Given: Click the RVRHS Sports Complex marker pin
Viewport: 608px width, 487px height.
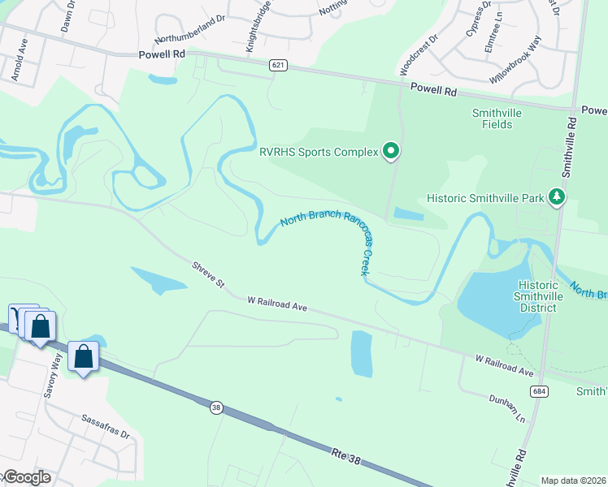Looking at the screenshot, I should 391,150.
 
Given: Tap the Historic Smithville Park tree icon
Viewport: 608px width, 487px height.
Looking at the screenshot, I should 557,197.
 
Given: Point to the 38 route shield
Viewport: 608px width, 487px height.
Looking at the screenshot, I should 215,408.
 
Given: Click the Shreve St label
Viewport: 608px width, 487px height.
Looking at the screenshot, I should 208,274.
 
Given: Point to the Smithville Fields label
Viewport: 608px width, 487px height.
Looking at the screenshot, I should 492,119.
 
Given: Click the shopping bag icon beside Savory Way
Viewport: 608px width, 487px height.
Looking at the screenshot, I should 84,356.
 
